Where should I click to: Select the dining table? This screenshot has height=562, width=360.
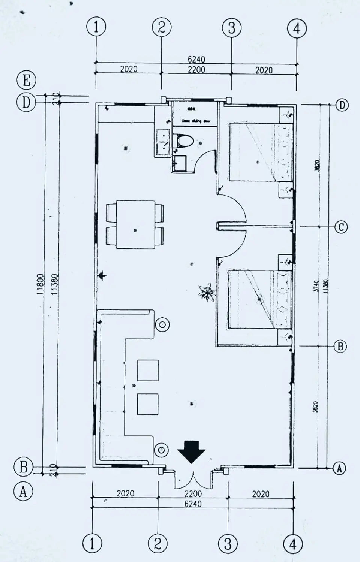(135, 224)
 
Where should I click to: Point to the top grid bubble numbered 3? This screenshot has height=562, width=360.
(231, 28)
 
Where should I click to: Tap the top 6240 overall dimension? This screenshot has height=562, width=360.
(196, 60)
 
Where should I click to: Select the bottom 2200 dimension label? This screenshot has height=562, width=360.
(193, 494)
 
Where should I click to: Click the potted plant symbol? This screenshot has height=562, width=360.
(206, 292)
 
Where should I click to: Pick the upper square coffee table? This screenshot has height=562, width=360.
(148, 370)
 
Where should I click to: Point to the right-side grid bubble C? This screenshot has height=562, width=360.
(341, 227)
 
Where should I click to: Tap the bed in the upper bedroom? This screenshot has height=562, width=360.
(261, 152)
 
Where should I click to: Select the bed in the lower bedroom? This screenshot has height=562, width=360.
(260, 300)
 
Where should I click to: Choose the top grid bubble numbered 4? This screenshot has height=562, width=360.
(297, 28)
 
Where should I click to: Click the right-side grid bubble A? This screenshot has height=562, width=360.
(339, 468)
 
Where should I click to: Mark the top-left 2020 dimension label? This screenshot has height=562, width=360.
(129, 69)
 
